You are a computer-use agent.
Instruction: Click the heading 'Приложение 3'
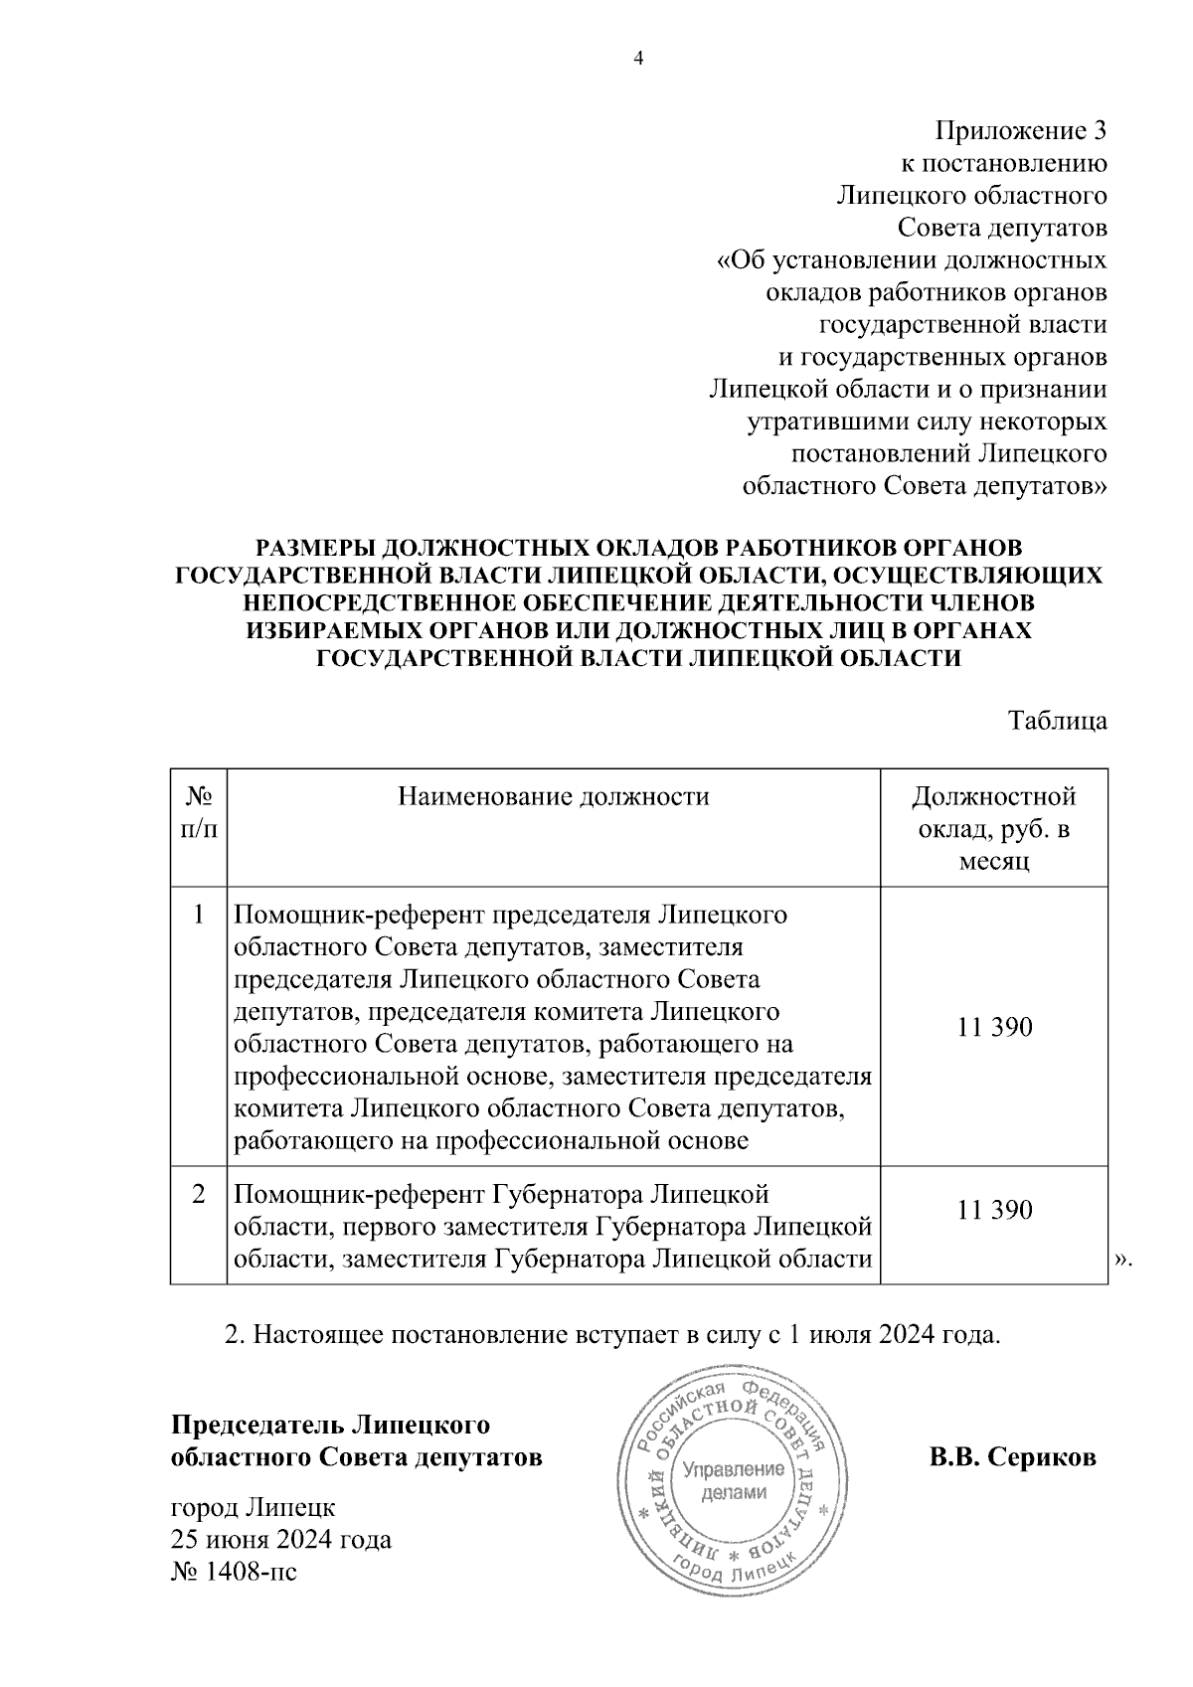click(1020, 131)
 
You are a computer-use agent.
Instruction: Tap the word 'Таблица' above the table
click(1058, 721)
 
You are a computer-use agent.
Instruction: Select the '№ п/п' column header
click(199, 812)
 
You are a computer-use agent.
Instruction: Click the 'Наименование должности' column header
click(554, 796)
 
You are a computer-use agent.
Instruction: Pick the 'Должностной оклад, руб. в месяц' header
click(993, 828)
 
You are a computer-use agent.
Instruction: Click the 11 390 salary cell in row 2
click(994, 1210)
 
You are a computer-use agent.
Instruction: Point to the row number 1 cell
click(199, 914)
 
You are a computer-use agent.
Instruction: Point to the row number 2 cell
click(199, 1194)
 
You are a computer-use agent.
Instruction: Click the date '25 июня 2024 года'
click(282, 1540)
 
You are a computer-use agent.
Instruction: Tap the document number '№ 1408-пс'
click(235, 1572)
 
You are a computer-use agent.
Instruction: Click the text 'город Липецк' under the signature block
click(255, 1508)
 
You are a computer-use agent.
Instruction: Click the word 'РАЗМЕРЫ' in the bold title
click(315, 548)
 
